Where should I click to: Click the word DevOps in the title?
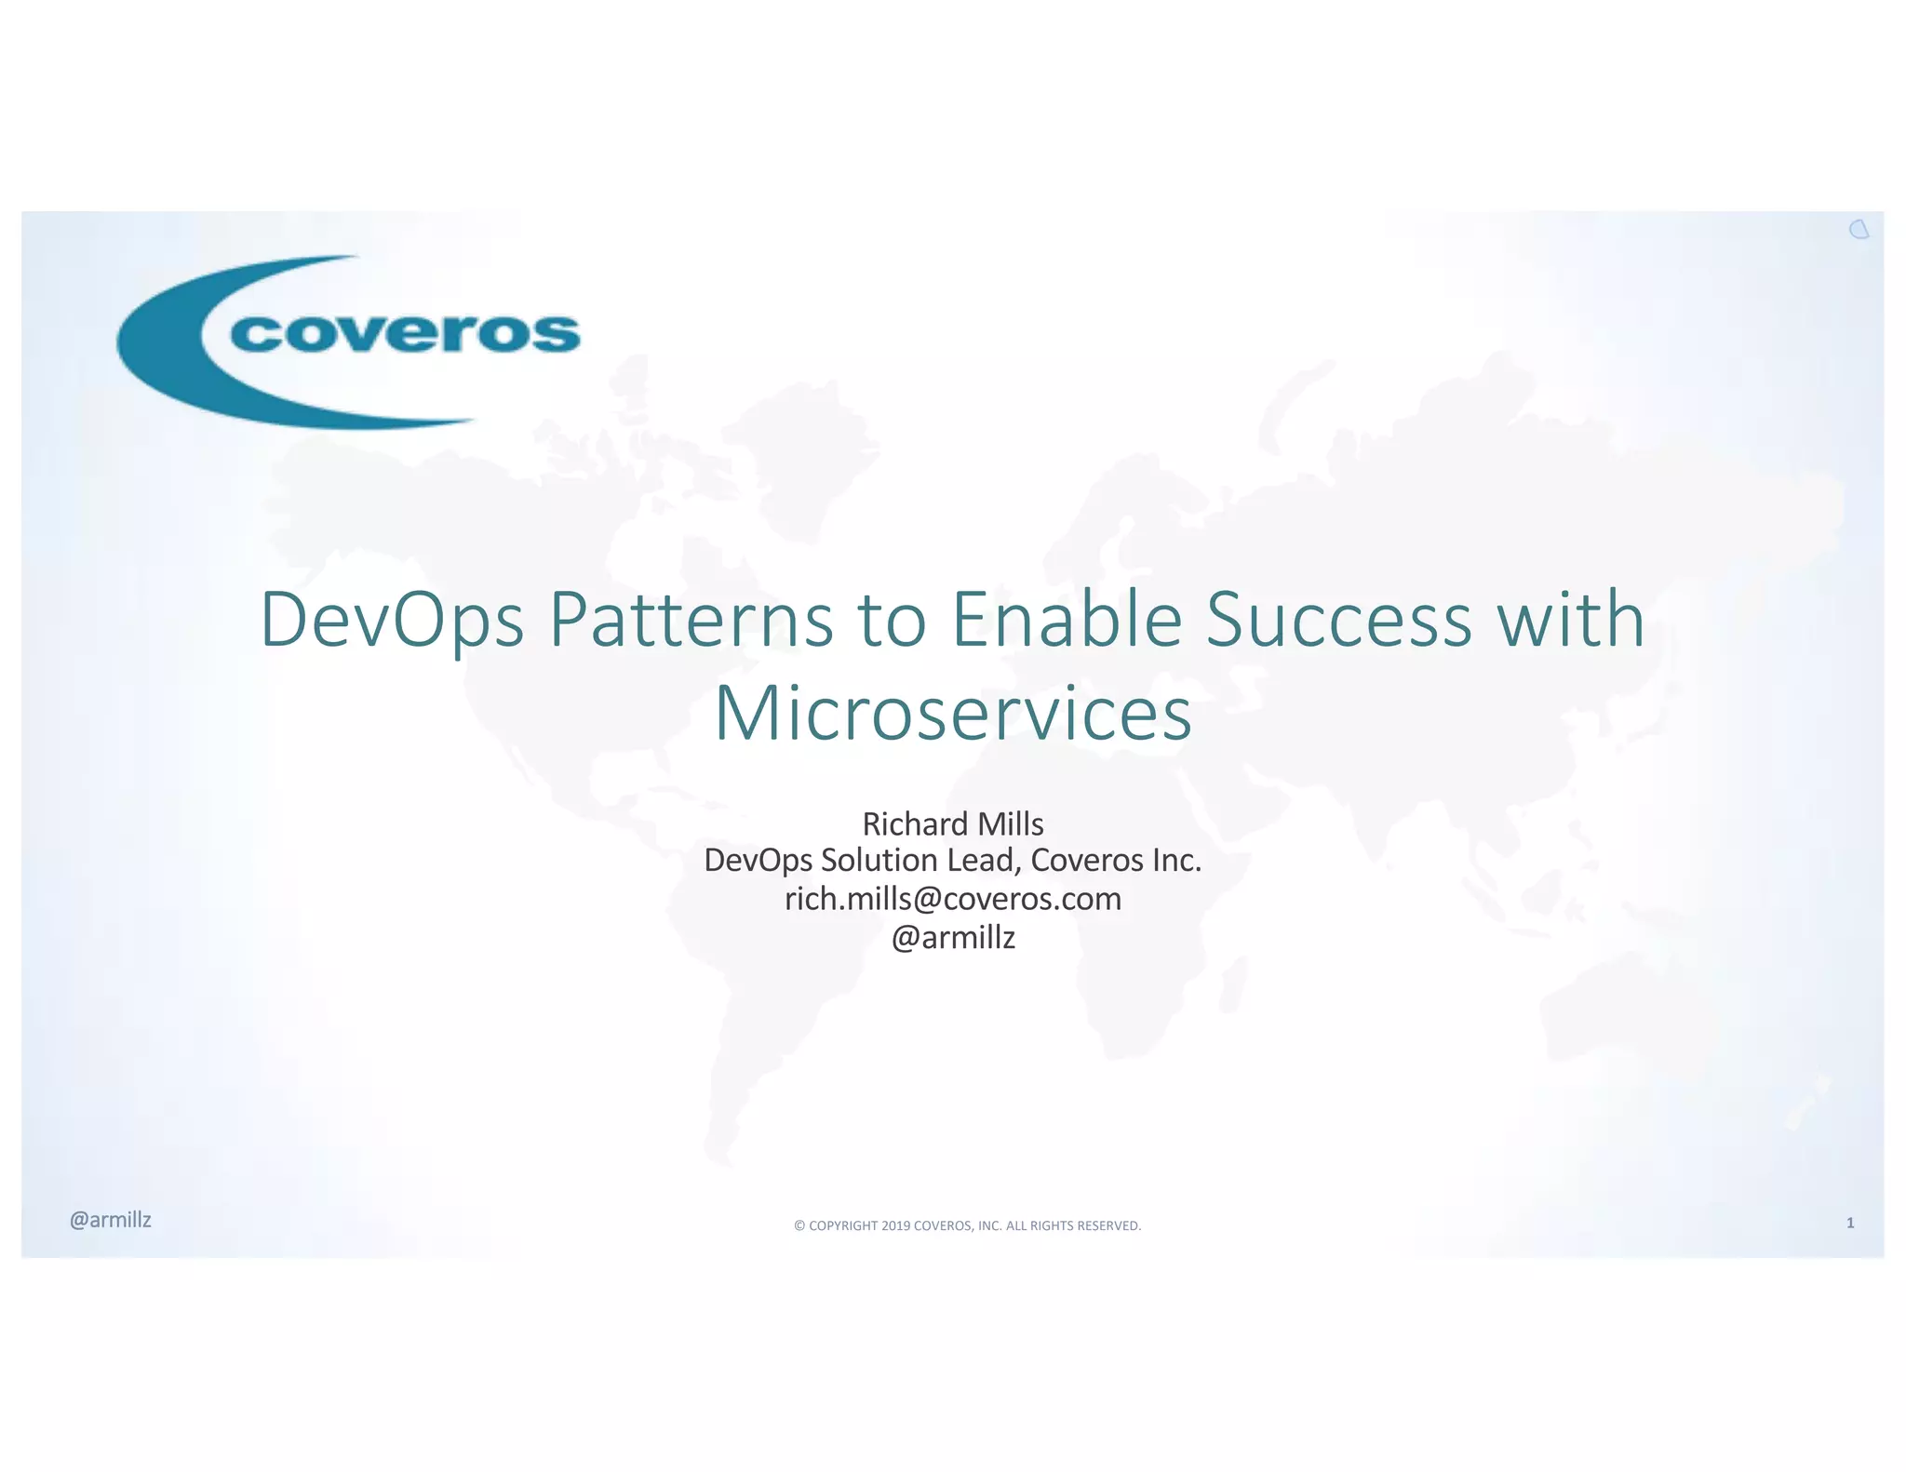392,621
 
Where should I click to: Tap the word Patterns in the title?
691,621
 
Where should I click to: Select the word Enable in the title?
1067,621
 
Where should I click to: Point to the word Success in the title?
1338,621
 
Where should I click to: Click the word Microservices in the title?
953,714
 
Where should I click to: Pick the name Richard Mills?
953,823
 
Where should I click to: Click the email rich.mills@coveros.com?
953,899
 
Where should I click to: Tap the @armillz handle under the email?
953,937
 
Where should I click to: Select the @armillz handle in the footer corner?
111,1220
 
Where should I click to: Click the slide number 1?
1850,1223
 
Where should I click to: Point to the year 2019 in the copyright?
895,1225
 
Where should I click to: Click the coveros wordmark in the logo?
405,333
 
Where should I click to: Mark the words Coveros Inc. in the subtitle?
1116,861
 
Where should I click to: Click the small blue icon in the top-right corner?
1859,230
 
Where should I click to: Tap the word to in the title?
892,621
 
